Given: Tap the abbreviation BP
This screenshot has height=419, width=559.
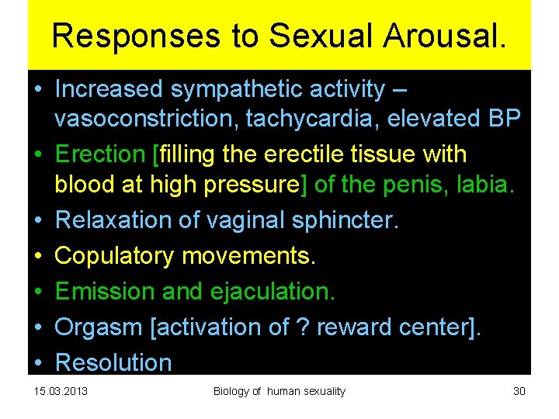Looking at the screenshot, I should pos(505,119).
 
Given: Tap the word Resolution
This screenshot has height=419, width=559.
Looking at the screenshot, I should pos(113,362).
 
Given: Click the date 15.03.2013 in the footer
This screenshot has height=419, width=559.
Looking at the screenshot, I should pos(61,391).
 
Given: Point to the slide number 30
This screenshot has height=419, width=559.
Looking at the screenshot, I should pos(519,391).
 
